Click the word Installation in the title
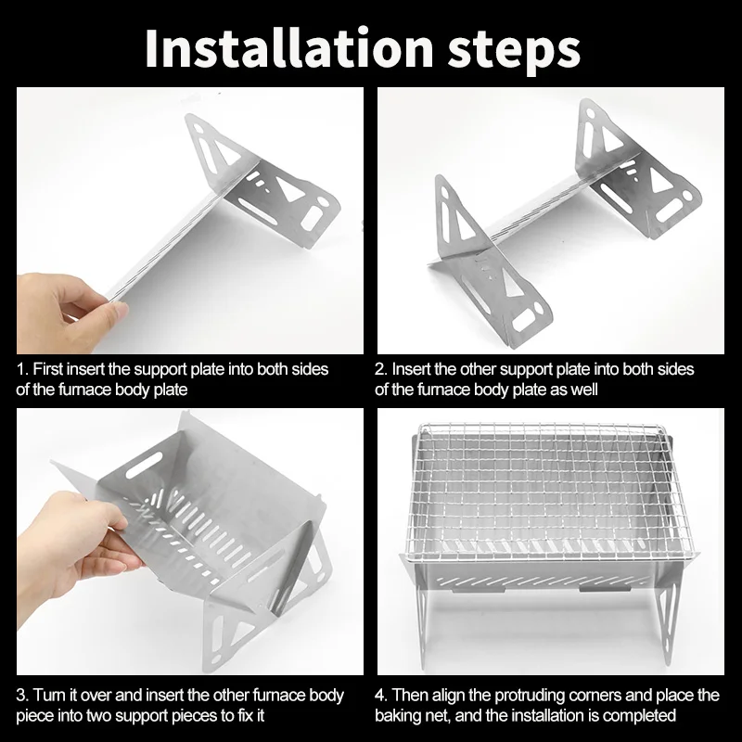288,49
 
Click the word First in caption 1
48,369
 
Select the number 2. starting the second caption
381,369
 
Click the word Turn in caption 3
50,695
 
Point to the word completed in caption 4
639,715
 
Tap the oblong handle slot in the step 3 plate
145,465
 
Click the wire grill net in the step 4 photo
550,493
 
